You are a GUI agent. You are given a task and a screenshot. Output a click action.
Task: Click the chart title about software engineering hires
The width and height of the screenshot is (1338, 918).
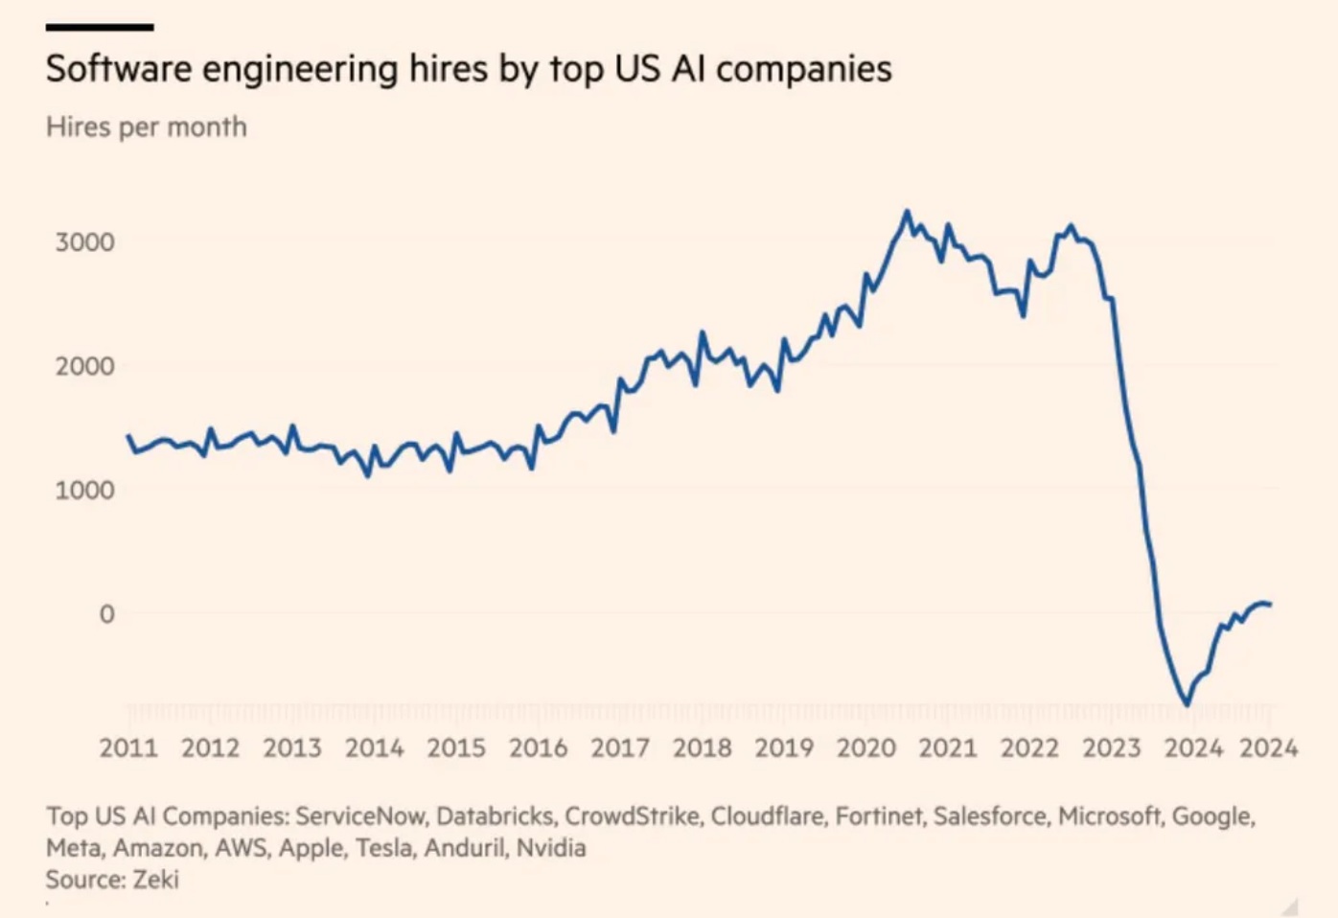tap(469, 69)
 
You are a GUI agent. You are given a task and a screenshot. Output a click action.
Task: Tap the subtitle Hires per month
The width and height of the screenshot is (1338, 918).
tap(146, 127)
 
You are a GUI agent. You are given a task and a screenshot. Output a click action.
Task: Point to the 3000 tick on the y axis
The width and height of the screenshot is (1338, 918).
tap(84, 241)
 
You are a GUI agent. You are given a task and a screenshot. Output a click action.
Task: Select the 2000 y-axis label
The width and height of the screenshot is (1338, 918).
tap(84, 366)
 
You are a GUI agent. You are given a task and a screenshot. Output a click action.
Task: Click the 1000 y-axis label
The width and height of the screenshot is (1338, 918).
tap(84, 490)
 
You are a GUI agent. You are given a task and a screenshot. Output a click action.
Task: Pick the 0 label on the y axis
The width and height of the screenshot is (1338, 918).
tap(106, 613)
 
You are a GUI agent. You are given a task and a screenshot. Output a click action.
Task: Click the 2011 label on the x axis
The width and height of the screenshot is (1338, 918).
tap(128, 747)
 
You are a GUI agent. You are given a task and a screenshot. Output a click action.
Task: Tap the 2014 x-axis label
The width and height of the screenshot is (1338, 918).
tap(374, 747)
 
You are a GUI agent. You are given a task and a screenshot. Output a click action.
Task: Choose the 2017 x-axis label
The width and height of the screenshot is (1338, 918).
tap(620, 747)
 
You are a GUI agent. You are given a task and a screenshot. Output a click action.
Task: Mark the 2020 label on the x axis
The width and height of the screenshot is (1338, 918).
tap(865, 747)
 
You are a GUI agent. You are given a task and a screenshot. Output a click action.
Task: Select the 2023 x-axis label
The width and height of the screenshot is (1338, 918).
tap(1112, 747)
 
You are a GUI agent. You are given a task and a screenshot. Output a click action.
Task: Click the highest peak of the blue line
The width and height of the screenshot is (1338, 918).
tap(907, 212)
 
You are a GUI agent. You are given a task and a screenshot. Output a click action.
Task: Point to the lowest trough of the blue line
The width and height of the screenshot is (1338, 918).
tap(1187, 704)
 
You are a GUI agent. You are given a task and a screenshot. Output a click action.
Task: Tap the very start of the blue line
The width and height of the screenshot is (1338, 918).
tap(128, 436)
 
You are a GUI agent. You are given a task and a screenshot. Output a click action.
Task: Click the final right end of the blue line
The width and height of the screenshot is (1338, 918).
tap(1270, 605)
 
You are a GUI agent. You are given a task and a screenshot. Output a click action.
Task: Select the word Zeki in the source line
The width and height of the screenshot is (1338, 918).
tap(155, 880)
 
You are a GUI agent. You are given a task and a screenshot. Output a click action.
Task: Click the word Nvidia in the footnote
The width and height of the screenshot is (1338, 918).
tap(551, 848)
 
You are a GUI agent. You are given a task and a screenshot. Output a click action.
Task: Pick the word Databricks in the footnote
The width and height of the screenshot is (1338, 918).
tap(495, 816)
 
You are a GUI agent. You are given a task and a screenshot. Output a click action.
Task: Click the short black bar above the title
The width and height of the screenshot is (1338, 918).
tap(100, 27)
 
